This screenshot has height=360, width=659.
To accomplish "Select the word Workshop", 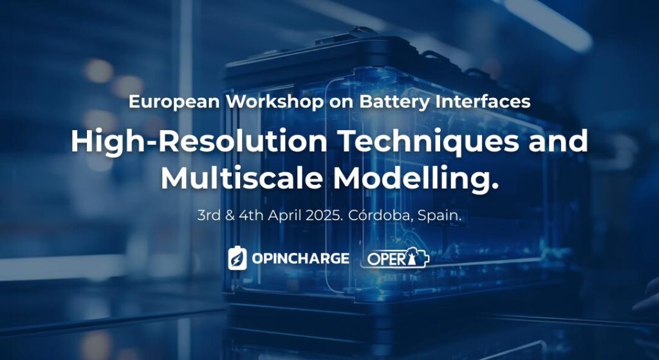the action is [x=275, y=101].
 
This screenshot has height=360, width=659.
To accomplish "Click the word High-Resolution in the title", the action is [x=199, y=141].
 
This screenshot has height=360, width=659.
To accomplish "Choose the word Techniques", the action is [x=429, y=142].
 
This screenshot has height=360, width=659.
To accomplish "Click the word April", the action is [x=285, y=216].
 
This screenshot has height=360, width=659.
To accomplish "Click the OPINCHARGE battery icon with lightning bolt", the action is [x=237, y=258].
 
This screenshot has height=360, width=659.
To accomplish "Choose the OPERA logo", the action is [x=396, y=258].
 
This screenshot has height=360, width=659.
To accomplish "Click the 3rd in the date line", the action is [x=209, y=216].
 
